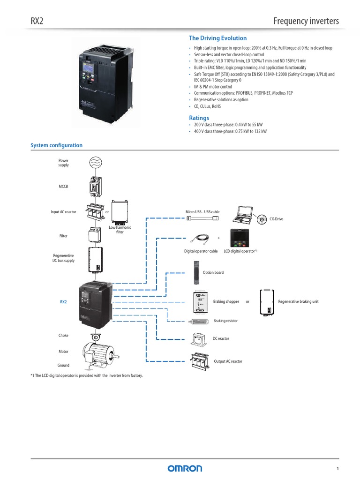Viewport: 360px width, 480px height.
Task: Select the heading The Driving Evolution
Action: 217,38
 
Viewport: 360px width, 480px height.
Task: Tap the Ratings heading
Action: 199,118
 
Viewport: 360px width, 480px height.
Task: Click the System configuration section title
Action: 56,145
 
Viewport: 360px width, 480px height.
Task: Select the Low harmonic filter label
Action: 120,230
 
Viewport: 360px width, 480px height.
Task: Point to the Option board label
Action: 213,272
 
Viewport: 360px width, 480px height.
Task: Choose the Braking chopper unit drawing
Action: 200,301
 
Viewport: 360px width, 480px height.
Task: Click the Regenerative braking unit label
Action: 298,301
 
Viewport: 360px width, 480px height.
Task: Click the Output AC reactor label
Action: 228,361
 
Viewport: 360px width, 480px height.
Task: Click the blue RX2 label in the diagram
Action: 63,302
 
